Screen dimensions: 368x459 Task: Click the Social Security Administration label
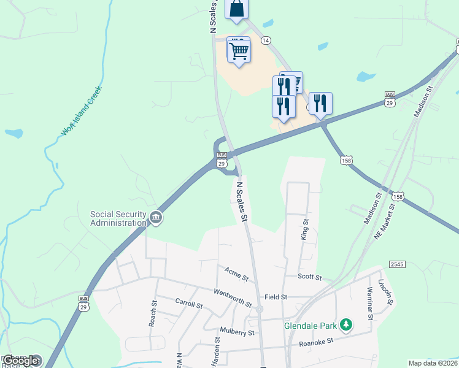(x=118, y=218)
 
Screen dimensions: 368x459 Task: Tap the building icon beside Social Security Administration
(x=156, y=217)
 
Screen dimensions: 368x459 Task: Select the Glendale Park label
(x=311, y=326)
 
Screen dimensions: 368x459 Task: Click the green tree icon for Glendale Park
(x=347, y=324)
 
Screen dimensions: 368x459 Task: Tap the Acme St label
(x=236, y=274)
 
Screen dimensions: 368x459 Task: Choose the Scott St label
(x=310, y=277)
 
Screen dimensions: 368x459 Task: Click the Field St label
(x=276, y=297)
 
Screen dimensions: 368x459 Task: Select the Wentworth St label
(x=232, y=297)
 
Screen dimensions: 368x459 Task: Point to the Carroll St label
(x=189, y=304)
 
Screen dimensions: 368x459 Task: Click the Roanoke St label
(x=315, y=341)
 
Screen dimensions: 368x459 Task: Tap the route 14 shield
(x=266, y=40)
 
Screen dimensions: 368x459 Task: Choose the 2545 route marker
(x=397, y=264)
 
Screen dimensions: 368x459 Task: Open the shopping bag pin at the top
(x=237, y=9)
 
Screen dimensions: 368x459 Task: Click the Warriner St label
(x=370, y=303)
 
